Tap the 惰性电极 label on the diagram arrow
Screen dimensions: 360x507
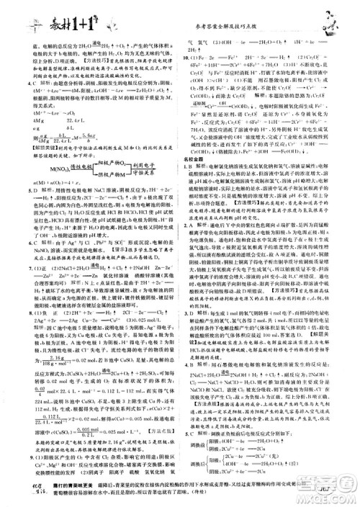[x=89, y=165]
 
